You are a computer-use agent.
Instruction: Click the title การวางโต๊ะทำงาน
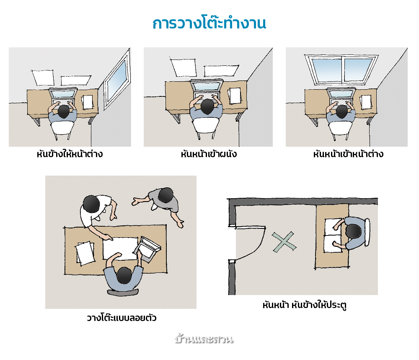coord(209,23)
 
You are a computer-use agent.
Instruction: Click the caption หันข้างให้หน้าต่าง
coord(70,154)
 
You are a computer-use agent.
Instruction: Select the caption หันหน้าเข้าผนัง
coord(209,154)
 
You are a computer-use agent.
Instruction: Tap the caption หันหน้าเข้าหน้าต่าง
coord(348,154)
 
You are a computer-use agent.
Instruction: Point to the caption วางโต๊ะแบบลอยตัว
coord(122,318)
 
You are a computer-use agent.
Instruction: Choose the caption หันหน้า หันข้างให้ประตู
coord(304,305)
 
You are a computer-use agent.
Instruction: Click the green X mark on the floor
coord(284,242)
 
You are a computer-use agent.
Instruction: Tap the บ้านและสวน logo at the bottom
coord(204,339)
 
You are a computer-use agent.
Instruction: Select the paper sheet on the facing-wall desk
coord(235,96)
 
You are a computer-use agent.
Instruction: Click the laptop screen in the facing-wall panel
coord(206,86)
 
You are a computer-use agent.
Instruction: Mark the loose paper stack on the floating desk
coord(85,254)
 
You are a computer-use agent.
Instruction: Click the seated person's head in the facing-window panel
coord(342,111)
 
